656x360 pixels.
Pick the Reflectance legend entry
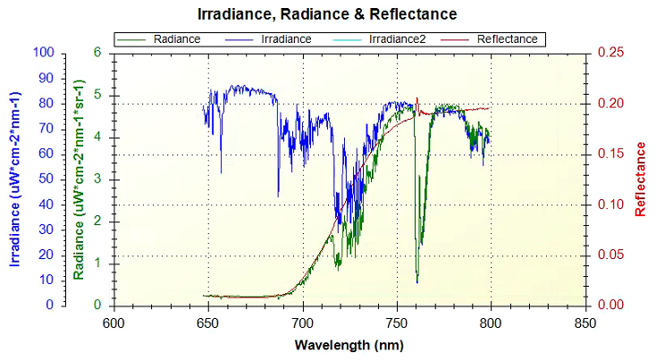(507, 39)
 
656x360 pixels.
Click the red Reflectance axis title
(640, 179)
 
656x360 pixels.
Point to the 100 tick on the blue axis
(44, 52)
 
